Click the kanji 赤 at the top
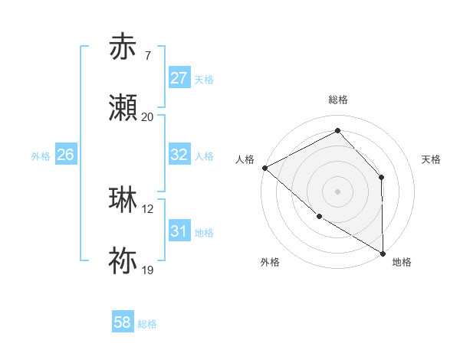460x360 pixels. (x=123, y=47)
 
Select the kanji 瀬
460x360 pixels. (x=123, y=109)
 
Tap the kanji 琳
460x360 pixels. (x=123, y=200)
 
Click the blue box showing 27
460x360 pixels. (x=179, y=78)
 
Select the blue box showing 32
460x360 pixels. (x=179, y=155)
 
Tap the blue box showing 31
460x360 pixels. (x=179, y=231)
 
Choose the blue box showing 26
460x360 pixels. (x=65, y=155)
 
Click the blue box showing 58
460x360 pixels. (x=123, y=322)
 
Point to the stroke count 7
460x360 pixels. (x=148, y=56)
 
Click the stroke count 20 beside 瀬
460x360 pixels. (x=148, y=117)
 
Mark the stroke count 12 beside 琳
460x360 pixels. (x=149, y=208)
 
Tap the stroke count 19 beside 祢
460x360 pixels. (x=149, y=270)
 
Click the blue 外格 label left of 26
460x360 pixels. (x=41, y=155)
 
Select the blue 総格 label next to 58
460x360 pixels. (x=147, y=324)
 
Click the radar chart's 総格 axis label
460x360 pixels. (x=338, y=100)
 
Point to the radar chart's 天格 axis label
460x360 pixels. (x=432, y=159)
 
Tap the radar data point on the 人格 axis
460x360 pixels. (x=264, y=168)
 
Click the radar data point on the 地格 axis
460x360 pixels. (x=383, y=253)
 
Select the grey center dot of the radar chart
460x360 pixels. (x=337, y=191)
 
